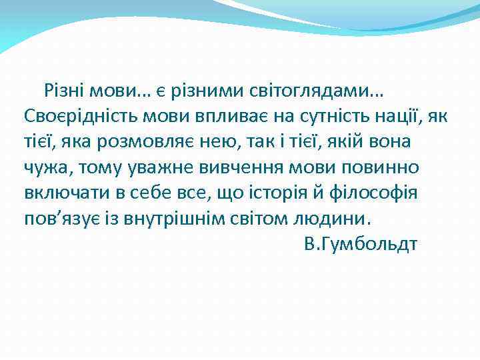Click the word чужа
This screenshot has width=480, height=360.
click(43, 167)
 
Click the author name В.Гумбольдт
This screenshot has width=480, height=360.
click(360, 245)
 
